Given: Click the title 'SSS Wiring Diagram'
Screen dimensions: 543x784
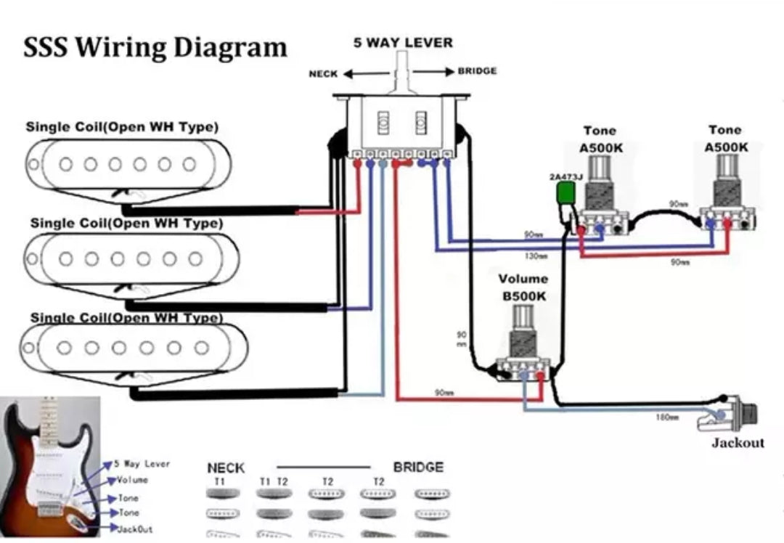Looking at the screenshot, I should tap(155, 48).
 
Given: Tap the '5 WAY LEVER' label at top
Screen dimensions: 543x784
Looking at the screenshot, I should tap(403, 42).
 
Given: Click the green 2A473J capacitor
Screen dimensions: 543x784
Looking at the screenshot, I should tap(565, 193).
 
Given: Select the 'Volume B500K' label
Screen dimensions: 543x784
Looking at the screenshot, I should tap(523, 287).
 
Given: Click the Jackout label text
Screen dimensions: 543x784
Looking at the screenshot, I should tap(738, 443).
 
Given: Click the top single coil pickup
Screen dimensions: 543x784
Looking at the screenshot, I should tap(129, 165).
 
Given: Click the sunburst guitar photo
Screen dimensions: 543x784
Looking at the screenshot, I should tap(49, 465).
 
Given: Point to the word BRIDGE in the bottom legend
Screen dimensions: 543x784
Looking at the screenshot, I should tap(417, 468).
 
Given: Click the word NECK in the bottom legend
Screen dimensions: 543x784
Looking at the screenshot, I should tap(226, 468).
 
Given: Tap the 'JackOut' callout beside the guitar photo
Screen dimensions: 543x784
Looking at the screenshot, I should tap(135, 529).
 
